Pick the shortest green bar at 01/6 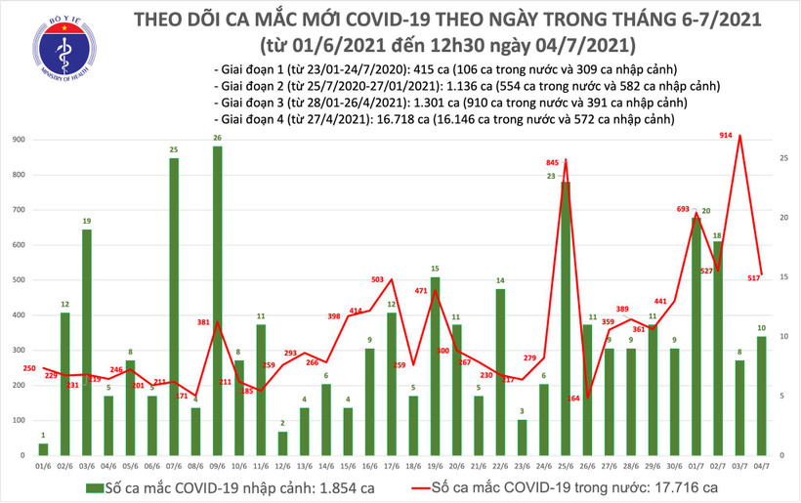click(43, 449)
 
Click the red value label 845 click(552, 162)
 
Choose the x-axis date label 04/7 click(762, 466)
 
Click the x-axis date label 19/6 click(435, 466)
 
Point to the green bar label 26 click(217, 137)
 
